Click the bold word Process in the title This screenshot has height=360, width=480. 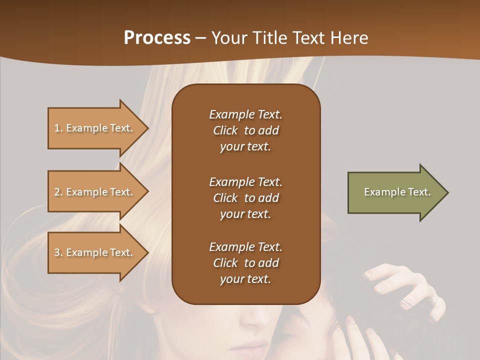click(157, 38)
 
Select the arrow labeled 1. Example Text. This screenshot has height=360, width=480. click(95, 128)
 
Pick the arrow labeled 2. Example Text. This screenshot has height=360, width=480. click(95, 192)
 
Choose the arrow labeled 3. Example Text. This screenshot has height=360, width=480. click(95, 252)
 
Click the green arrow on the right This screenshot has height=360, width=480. click(395, 192)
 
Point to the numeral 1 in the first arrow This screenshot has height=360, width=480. click(57, 128)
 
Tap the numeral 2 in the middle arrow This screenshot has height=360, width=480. click(57, 192)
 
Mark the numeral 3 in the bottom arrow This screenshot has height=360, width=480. click(57, 252)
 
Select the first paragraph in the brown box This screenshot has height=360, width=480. click(245, 130)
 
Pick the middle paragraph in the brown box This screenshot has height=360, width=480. click(245, 198)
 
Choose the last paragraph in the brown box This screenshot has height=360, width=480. click(245, 263)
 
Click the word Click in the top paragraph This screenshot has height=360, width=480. click(225, 130)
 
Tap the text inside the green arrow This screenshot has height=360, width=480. click(397, 192)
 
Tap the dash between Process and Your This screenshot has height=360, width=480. click(201, 38)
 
